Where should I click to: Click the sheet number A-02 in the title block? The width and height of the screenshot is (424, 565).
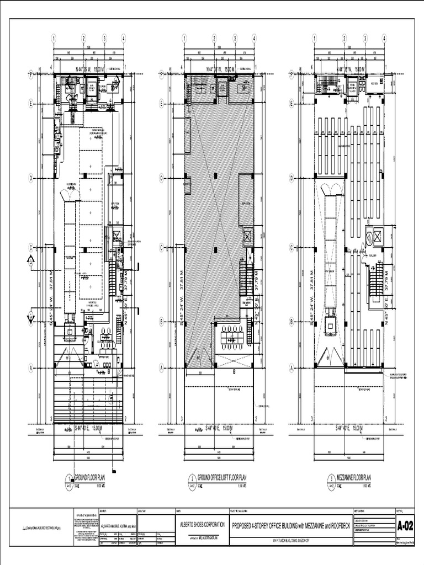coord(405,527)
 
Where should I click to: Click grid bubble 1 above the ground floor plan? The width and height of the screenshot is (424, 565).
coord(54,39)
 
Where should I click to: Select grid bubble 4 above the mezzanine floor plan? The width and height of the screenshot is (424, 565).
coord(384,39)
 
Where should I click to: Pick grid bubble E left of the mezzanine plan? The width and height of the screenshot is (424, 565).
coord(291,103)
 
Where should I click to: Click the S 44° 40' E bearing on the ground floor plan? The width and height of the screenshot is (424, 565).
coord(89,428)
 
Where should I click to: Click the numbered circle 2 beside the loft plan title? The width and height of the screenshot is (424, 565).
coord(192,478)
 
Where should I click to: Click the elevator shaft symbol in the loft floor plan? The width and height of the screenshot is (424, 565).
coord(247,237)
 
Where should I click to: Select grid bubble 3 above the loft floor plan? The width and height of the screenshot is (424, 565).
coord(235,39)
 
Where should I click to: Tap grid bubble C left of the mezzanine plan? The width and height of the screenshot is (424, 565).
coord(291,248)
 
